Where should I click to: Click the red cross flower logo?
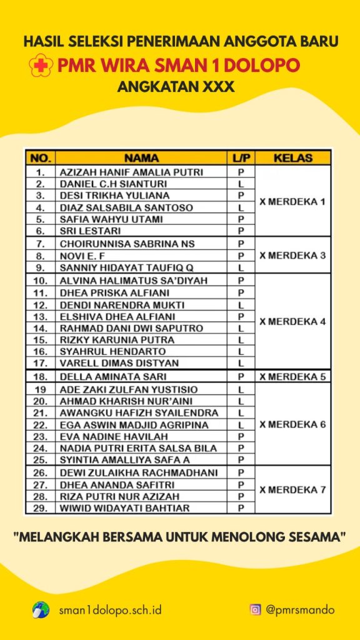(41, 66)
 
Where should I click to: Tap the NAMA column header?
(141, 158)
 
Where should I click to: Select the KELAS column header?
(292, 158)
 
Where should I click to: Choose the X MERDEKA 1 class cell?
(292, 201)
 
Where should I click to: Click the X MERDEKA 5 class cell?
(292, 376)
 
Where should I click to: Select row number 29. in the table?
(41, 508)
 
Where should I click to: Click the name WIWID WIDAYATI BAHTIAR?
(124, 508)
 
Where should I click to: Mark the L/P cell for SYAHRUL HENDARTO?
(241, 351)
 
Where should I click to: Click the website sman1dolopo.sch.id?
(109, 609)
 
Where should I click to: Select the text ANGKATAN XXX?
(176, 87)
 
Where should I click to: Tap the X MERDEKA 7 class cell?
(292, 490)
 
